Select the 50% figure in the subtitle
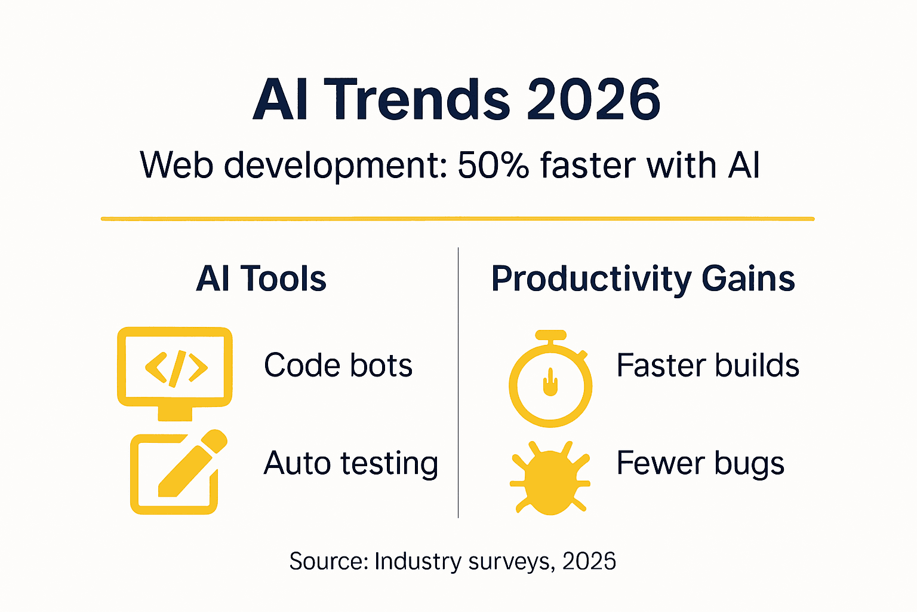tap(493, 165)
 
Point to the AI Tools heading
tap(261, 279)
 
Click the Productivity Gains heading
tap(643, 279)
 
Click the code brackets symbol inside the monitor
tap(176, 368)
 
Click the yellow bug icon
tap(550, 478)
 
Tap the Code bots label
tap(338, 365)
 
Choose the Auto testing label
tap(351, 463)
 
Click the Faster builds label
tap(707, 365)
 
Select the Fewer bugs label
tap(700, 463)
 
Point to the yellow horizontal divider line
tap(457, 219)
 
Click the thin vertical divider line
tap(458, 382)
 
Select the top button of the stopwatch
tap(550, 334)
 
